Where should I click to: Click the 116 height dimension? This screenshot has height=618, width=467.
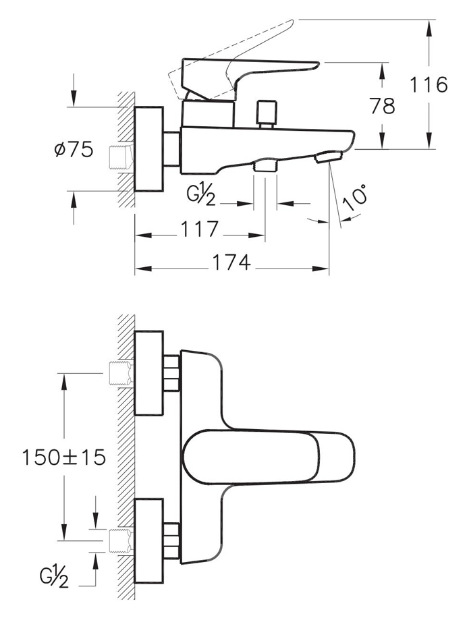click(x=429, y=84)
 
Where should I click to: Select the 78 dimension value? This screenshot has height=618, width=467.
click(x=382, y=106)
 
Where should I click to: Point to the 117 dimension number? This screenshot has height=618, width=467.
click(x=199, y=229)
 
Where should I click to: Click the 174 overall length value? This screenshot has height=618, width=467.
click(x=231, y=262)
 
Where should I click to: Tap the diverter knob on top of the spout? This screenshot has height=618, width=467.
click(x=267, y=115)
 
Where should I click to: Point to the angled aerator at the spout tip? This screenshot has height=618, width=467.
click(x=328, y=157)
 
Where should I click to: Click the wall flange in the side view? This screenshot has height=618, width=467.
click(x=149, y=149)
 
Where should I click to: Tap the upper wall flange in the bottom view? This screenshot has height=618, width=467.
click(x=149, y=373)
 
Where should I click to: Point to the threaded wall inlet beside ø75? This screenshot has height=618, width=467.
click(x=121, y=158)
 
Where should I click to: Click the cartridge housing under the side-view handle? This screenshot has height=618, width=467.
click(x=208, y=113)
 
